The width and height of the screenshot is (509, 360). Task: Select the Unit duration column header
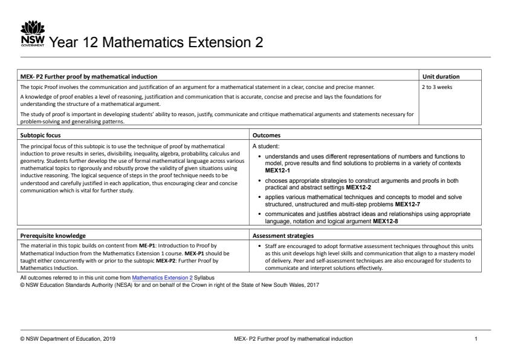[440, 77]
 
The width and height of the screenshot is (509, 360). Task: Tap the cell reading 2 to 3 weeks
[436, 87]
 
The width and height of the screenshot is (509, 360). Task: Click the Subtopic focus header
[41, 136]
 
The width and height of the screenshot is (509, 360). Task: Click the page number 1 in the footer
[476, 339]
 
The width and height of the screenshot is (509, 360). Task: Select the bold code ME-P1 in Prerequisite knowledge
[148, 246]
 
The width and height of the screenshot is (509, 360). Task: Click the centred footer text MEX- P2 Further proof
[293, 339]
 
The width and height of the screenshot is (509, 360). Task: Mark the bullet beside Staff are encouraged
[259, 246]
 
